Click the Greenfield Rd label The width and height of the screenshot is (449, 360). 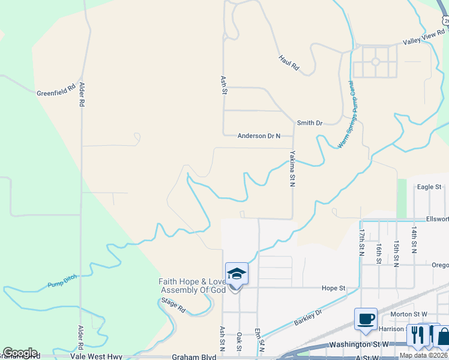(x=56, y=90)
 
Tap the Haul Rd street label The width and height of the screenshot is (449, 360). (x=288, y=63)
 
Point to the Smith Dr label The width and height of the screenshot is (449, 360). (x=310, y=123)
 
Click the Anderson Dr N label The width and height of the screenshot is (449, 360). (x=259, y=136)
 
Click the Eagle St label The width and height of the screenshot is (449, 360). (x=429, y=187)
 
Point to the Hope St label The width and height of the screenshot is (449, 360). (x=333, y=288)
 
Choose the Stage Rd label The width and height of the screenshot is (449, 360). (x=173, y=305)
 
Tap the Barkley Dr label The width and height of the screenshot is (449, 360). (x=308, y=317)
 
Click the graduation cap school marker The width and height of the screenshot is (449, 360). (x=237, y=274)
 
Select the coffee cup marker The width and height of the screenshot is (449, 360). (x=366, y=319)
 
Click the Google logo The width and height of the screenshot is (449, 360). (x=20, y=353)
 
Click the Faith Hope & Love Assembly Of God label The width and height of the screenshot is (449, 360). (x=192, y=286)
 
